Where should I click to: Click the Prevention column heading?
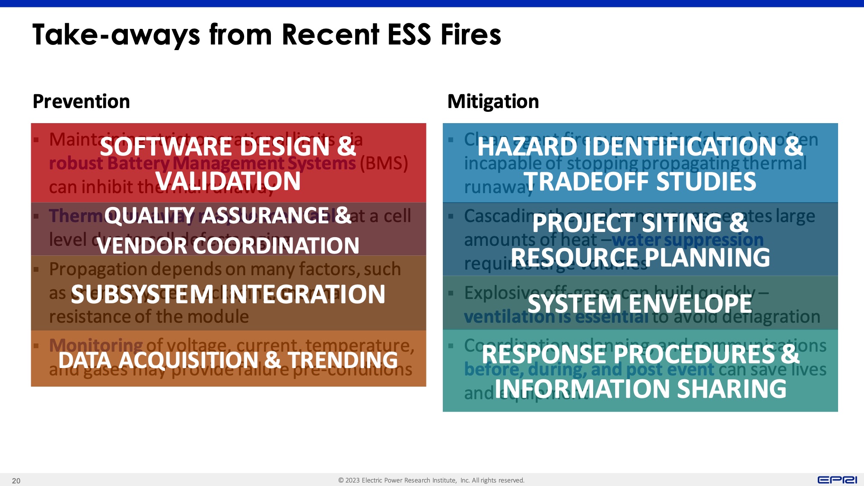coord(81,102)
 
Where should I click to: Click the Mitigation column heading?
coord(493,102)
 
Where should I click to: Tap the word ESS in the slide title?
coord(409,35)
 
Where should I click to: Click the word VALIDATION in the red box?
coord(228,181)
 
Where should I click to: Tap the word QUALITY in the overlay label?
coord(149,216)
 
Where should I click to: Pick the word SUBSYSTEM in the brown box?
coord(143,295)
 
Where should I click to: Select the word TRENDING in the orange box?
coord(343,360)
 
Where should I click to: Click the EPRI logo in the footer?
coord(837,480)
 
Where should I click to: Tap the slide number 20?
coord(16,481)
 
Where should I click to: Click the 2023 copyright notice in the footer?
coord(431,480)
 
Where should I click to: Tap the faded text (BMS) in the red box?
coord(384,164)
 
